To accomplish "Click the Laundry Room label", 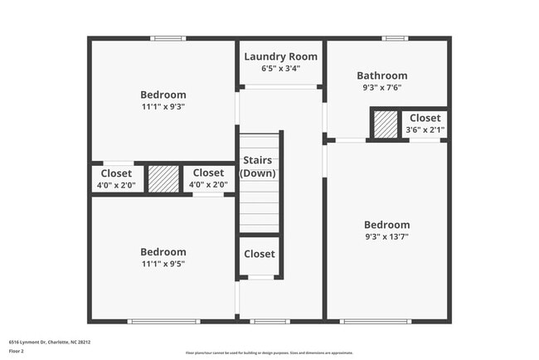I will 280,56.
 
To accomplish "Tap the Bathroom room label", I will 381,75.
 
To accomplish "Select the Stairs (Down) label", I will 258,167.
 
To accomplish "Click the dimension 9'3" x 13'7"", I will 386,236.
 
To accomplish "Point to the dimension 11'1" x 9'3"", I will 163,107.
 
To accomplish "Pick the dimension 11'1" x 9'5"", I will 163,265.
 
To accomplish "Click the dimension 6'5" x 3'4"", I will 280,69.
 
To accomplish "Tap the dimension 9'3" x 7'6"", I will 381,87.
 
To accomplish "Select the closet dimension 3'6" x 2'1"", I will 425,129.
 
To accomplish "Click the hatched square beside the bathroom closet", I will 385,125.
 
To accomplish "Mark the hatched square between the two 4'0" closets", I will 163,178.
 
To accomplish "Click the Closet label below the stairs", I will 259,254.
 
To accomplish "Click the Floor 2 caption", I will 17,352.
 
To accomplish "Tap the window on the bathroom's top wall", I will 395,38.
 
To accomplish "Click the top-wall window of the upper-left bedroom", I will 168,38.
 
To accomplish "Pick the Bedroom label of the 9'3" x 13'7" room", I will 386,225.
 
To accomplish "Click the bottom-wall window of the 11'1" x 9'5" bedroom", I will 163,321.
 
